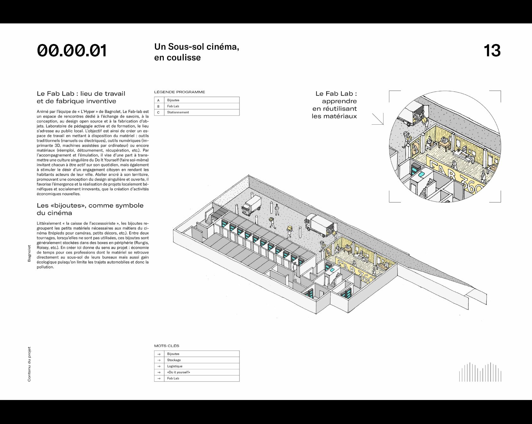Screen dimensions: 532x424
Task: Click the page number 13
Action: point(492,51)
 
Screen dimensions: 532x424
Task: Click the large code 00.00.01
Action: point(72,51)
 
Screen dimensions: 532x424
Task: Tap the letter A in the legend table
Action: point(158,100)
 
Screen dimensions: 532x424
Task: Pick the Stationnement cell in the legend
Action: point(178,112)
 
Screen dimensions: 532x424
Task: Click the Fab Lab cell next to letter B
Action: point(173,106)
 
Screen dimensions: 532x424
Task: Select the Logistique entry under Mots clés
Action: point(175,366)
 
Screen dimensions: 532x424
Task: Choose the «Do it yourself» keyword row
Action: point(179,372)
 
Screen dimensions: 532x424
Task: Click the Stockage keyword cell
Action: point(174,360)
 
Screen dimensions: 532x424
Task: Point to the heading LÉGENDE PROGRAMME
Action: point(180,92)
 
